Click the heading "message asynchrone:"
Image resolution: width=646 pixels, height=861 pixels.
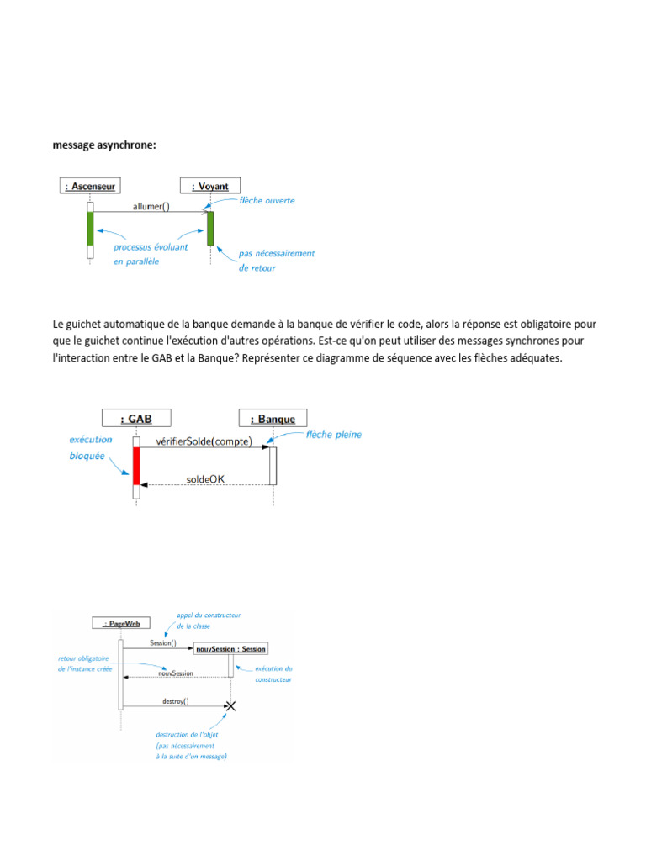(104, 145)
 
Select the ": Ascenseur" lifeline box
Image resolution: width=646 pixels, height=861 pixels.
(90, 186)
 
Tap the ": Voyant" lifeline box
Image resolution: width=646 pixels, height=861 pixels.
(210, 186)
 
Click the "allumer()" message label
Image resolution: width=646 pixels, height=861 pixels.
(151, 205)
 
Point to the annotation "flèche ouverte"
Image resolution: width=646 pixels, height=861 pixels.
(267, 201)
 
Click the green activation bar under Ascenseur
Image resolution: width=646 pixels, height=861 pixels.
(90, 228)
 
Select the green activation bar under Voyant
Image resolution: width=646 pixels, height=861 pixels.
(210, 229)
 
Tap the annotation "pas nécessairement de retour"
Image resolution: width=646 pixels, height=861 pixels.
(276, 260)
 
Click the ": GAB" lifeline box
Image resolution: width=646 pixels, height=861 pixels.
(136, 418)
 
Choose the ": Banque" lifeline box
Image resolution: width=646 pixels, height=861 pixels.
(273, 418)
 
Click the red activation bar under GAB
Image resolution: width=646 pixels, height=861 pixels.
(136, 466)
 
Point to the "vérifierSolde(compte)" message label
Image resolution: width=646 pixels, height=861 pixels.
(204, 441)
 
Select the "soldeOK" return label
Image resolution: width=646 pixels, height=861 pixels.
(205, 480)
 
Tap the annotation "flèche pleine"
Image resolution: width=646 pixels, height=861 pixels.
(334, 435)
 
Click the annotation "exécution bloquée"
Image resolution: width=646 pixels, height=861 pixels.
(93, 446)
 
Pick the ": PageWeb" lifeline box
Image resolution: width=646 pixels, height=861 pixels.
(120, 623)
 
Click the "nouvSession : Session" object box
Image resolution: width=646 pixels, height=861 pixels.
(230, 648)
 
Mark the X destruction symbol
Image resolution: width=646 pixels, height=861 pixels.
(230, 705)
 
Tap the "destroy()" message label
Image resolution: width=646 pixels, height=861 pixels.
(175, 700)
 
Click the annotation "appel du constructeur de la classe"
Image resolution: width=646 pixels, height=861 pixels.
(208, 621)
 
